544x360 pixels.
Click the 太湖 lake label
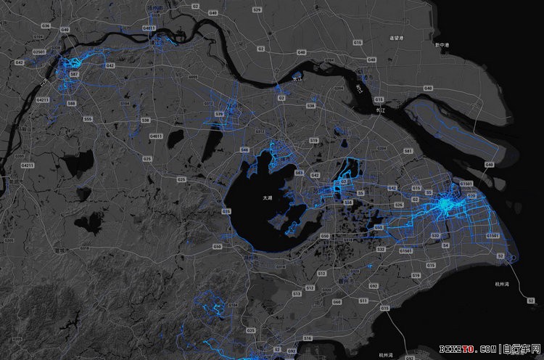click(268, 197)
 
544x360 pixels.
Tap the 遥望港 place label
click(396, 37)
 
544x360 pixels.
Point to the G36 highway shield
click(45, 25)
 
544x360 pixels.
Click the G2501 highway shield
click(39, 52)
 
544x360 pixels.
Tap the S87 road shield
click(74, 74)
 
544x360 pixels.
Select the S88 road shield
click(71, 104)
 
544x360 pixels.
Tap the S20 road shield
click(472, 195)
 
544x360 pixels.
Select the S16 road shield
click(308, 338)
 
